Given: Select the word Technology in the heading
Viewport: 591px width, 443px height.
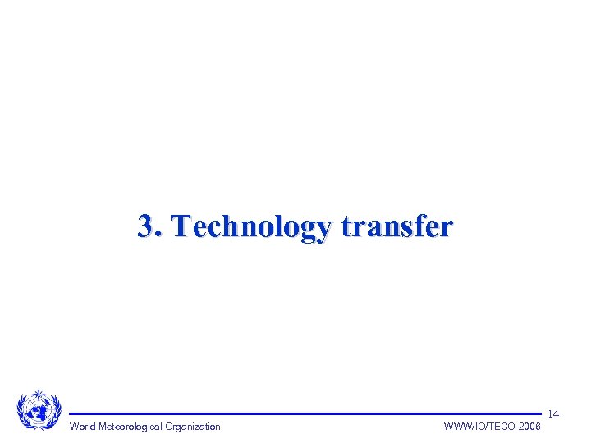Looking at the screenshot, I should pos(253,226).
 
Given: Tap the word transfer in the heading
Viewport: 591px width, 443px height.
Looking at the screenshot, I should pos(396,226).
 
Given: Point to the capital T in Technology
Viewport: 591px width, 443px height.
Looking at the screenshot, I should pos(182,225).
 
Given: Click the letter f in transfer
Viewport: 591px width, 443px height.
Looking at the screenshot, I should pos(415,225).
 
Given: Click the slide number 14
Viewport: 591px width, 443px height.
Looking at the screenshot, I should pos(553,414).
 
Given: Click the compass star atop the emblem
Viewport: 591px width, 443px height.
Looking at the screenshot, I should pos(39,393).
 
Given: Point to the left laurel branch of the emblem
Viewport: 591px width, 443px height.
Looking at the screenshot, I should pos(23,410).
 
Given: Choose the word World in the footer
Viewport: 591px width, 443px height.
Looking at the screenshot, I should pos(83,427).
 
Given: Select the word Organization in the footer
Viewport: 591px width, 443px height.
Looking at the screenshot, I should pos(193,427).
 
